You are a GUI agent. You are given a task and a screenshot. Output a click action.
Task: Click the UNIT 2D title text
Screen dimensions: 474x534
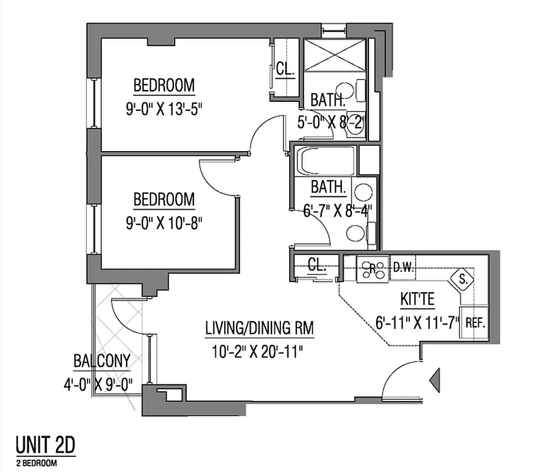(45, 444)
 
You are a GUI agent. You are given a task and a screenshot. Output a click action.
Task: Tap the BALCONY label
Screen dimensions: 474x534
(102, 360)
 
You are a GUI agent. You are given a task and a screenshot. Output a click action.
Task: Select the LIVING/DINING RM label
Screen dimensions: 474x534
(259, 327)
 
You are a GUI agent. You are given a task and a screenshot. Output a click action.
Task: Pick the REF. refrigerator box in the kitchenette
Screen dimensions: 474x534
(475, 323)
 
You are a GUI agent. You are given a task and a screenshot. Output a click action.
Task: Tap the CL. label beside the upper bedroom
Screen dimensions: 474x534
(285, 69)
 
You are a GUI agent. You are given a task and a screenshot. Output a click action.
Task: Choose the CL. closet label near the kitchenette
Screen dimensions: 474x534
(317, 266)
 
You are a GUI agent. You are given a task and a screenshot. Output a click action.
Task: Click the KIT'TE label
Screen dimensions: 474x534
(417, 300)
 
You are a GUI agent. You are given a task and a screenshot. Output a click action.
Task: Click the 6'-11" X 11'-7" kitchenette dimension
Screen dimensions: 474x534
(417, 324)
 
